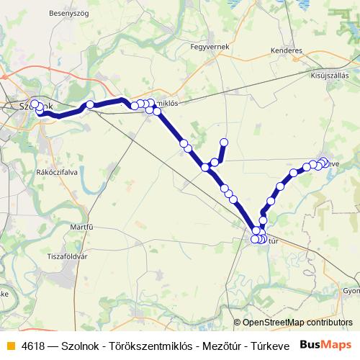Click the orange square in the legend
click(10, 344)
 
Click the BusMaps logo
click(326, 343)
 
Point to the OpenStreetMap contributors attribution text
click(297, 323)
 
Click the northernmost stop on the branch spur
click(224, 142)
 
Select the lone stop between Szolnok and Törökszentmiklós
click(91, 105)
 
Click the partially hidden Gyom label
click(351, 291)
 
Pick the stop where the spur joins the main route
click(206, 167)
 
